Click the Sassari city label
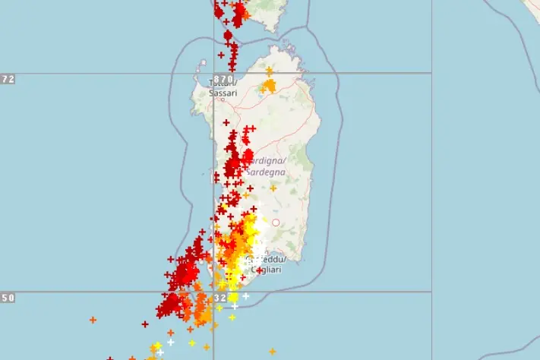click(224, 93)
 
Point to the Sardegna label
click(267, 172)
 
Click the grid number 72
click(8, 79)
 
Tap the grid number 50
click(8, 298)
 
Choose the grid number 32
click(220, 298)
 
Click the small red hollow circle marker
click(276, 223)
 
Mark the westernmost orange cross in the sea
click(93, 320)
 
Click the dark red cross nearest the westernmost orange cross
click(144, 324)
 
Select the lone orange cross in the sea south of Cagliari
click(272, 351)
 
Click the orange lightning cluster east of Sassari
click(268, 86)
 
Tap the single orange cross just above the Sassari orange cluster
click(269, 71)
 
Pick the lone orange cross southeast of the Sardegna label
click(273, 188)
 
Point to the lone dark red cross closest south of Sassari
click(225, 122)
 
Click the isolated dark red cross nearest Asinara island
click(221, 55)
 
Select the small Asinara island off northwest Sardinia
click(203, 65)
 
